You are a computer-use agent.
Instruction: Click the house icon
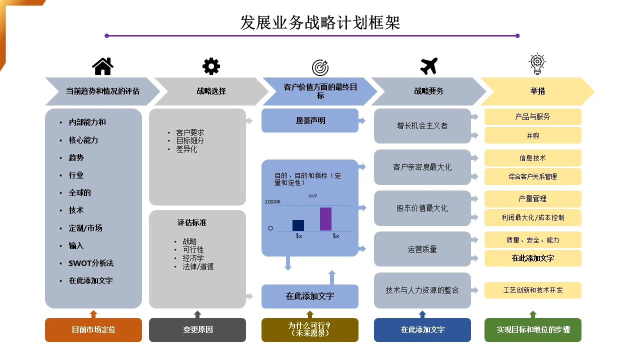pos(102,66)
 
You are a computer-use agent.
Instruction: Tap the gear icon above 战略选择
pos(211,66)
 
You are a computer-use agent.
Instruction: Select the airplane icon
pos(429,66)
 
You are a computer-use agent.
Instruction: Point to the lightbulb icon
pos(537,64)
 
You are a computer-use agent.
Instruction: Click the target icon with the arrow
pos(320,67)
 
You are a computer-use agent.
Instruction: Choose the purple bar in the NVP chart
pos(325,219)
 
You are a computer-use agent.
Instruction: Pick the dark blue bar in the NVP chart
pos(298,225)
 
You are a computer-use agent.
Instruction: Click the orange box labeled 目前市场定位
pos(93,329)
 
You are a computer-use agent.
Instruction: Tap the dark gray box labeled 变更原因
pos(197,329)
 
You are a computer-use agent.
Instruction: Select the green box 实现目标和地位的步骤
pos(533,329)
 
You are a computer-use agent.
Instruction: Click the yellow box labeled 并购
pos(533,135)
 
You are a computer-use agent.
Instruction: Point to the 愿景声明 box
pos(310,120)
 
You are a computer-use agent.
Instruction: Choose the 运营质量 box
pos(422,249)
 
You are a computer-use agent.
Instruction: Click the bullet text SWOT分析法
pos(91,263)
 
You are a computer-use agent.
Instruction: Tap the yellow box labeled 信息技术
pos(533,158)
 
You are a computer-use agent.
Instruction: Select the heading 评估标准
pos(192,222)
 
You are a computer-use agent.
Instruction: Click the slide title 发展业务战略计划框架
pos(320,22)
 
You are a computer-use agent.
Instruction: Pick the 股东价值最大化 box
pos(422,208)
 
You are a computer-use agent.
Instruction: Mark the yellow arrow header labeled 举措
pos(537,91)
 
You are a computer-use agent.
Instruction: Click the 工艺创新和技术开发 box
pos(533,290)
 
